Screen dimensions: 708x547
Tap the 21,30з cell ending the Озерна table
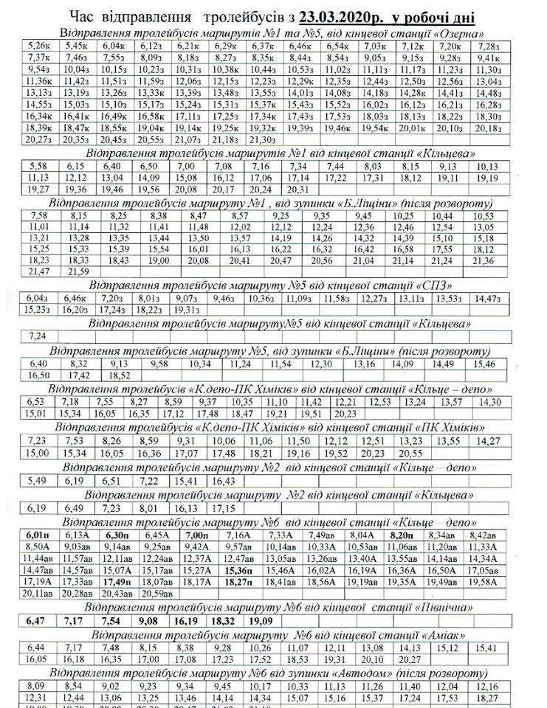click(264, 139)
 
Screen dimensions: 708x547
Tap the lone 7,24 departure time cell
click(35, 336)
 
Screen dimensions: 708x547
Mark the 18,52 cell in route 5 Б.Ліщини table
click(119, 375)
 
